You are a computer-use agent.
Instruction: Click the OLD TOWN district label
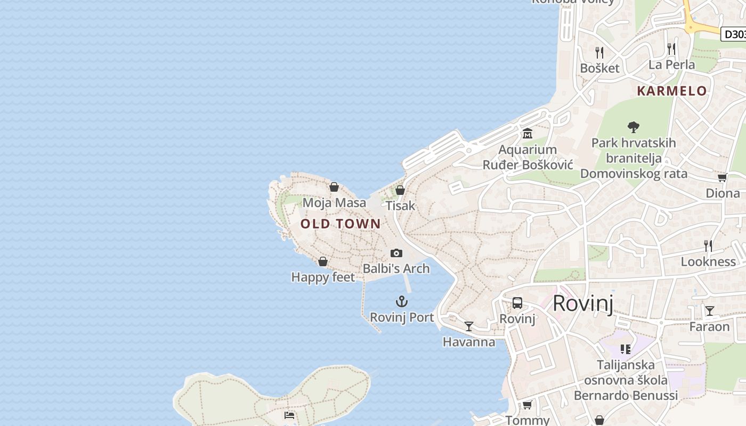[x=340, y=224]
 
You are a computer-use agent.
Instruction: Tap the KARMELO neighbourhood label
[x=671, y=91]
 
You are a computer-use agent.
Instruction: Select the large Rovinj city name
[x=583, y=304]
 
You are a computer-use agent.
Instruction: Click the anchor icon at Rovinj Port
[x=402, y=302]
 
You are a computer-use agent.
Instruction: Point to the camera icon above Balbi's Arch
[x=396, y=253]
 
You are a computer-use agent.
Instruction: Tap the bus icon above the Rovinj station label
[x=517, y=303]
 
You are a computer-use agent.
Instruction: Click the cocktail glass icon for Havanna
[x=469, y=326]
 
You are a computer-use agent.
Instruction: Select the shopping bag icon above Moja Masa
[x=334, y=187]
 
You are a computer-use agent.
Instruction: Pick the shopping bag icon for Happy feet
[x=323, y=261]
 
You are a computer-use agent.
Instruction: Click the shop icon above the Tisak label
[x=400, y=190]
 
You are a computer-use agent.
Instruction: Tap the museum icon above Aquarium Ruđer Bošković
[x=528, y=133]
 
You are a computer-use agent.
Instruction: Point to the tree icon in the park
[x=633, y=127]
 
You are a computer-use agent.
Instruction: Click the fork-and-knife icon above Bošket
[x=599, y=52]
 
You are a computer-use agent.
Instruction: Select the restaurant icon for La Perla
[x=671, y=49]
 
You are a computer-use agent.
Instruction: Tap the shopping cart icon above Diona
[x=722, y=177]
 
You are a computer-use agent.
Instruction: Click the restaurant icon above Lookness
[x=708, y=245]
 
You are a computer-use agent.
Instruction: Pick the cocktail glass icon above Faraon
[x=709, y=310]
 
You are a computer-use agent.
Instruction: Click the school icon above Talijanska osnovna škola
[x=626, y=349]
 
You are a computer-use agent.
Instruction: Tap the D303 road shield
[x=734, y=34]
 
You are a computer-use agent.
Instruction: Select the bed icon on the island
[x=289, y=415]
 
